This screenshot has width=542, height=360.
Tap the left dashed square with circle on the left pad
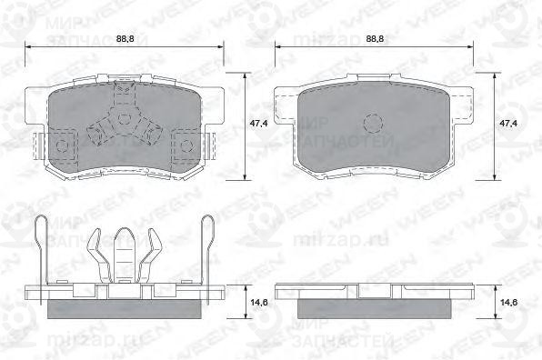click(x=63, y=143)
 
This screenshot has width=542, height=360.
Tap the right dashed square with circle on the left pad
click(x=185, y=143)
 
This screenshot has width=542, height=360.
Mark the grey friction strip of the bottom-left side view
click(x=125, y=309)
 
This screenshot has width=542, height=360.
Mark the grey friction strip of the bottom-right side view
click(x=373, y=309)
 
